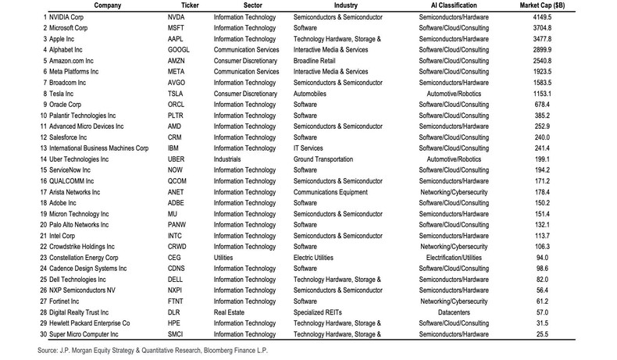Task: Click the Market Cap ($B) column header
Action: [x=576, y=5]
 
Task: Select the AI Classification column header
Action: [x=454, y=5]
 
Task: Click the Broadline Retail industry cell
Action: [x=317, y=59]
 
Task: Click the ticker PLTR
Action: [x=177, y=114]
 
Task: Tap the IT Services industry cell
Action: [x=310, y=147]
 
